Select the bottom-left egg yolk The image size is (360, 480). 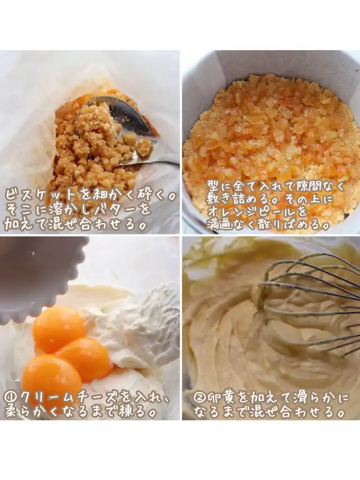pyautogui.click(x=51, y=380)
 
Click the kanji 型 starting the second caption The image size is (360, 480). pyautogui.click(x=214, y=186)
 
